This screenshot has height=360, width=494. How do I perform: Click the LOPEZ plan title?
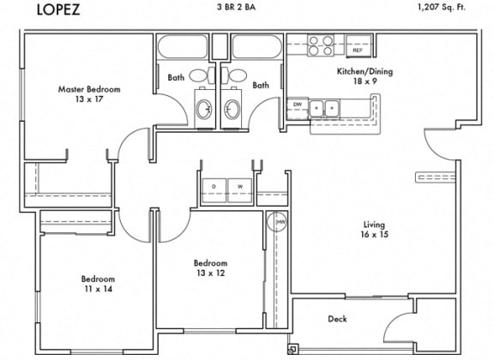pos(58,9)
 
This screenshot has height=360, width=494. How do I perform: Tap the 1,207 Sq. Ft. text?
pos(442,7)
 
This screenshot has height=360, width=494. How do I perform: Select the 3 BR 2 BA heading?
pos(237,7)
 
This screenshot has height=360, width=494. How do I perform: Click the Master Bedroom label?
pos(89,89)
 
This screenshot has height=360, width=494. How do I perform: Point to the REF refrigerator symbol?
pos(358,46)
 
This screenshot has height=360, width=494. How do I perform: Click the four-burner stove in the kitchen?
pos(321,45)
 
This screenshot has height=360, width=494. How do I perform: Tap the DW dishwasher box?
pos(298,109)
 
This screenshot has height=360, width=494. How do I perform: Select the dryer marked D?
pos(214,190)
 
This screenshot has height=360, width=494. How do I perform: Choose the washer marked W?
pos(240,190)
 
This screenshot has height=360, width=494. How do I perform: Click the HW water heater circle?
pos(277,222)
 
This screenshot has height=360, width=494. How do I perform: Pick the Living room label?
pos(374,225)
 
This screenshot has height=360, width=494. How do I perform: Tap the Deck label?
pos(337,319)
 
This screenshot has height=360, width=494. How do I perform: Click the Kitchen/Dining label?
pos(365,71)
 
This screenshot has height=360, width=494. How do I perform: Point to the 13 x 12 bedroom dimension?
pos(211,273)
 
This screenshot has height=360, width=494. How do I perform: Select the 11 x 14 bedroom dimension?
pos(99,289)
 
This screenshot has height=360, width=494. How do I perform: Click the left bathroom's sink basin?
pos(204,109)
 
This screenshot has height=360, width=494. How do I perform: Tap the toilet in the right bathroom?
pos(234,75)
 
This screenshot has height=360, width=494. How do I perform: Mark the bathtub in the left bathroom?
pos(183,46)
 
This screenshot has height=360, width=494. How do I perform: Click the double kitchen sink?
pos(324,109)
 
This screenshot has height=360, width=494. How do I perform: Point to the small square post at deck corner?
pos(292,349)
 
